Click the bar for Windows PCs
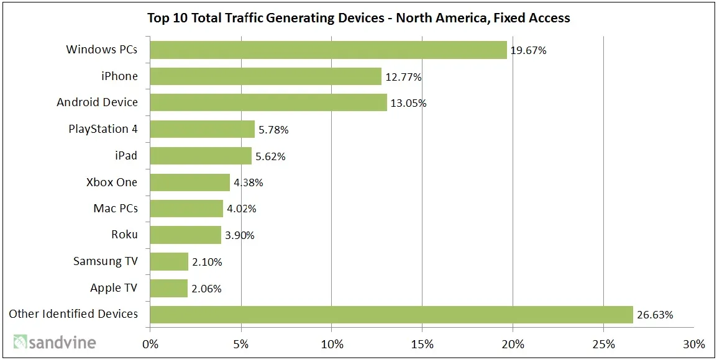[328, 50]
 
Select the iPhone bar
[265, 76]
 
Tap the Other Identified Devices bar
[391, 315]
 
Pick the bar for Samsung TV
[169, 262]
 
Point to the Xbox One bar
[190, 182]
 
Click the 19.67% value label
[528, 51]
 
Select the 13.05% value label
[408, 104]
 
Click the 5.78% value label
[273, 130]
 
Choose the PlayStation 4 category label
[103, 129]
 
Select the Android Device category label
[98, 102]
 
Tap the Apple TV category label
[114, 288]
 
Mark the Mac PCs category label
[116, 209]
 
